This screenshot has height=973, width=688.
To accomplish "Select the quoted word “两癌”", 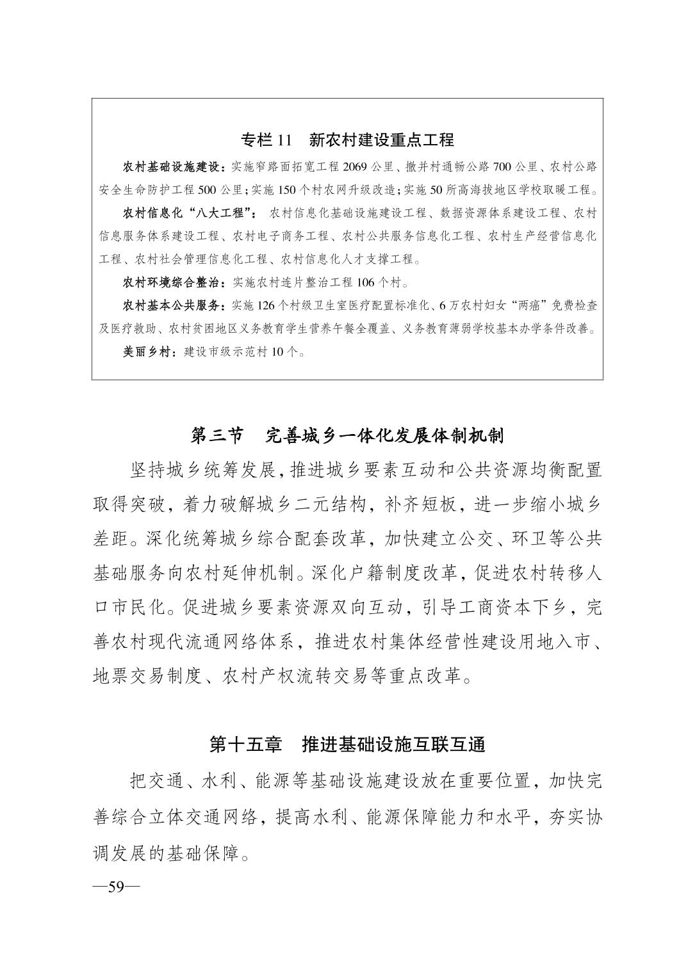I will [x=527, y=305].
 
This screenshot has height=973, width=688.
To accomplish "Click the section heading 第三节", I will [x=218, y=436].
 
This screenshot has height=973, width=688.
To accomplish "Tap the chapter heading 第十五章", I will [x=246, y=744].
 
